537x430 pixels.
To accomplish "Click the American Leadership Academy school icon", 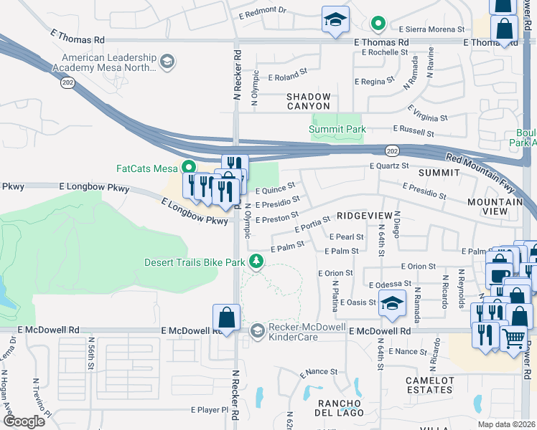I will [167, 61].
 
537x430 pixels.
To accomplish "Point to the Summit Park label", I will [337, 130].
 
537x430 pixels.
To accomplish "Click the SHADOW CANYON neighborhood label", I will [309, 101].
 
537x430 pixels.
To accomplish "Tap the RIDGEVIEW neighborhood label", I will [365, 215].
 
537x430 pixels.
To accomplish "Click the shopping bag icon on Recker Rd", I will [226, 319].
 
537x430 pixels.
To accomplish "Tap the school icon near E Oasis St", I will [392, 304].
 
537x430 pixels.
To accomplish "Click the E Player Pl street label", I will [214, 410].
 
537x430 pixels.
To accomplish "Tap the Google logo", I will [24, 421].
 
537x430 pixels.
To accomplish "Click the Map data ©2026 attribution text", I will [506, 424].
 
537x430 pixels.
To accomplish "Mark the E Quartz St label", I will [389, 166].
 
